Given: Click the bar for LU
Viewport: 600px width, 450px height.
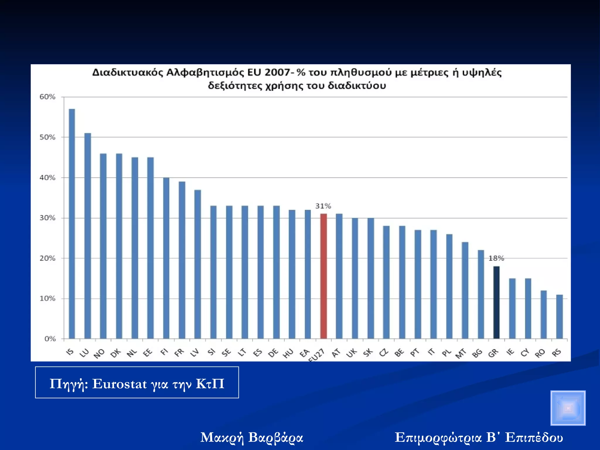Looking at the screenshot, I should pos(88,236).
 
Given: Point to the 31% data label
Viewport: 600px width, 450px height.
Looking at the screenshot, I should pos(323,206).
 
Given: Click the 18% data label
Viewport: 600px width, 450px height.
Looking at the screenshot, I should pos(496,258).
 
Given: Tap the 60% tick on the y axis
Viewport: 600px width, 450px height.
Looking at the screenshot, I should pos(47,97).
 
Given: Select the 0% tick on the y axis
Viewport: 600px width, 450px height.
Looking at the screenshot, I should pos(50,339).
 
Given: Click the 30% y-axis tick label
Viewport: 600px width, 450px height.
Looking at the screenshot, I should pos(47,218).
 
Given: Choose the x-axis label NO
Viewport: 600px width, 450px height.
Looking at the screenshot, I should pos(99,354).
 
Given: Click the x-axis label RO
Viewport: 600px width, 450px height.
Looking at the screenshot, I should pos(540,353).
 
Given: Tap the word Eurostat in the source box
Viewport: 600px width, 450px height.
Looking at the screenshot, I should pos(120,384).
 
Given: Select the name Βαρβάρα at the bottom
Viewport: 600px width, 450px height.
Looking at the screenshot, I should pos(275,438).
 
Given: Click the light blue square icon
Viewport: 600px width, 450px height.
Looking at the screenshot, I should pos(568,408).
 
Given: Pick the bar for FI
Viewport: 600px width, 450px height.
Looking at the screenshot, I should pos(166,258).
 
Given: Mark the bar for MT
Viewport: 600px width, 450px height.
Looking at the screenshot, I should pos(465,290).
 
